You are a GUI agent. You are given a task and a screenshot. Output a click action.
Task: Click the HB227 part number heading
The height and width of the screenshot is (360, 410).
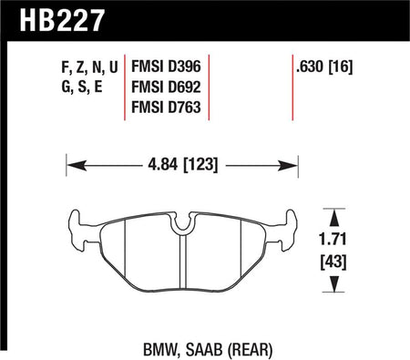62,20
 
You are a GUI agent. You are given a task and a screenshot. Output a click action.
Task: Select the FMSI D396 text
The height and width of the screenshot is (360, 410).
166,67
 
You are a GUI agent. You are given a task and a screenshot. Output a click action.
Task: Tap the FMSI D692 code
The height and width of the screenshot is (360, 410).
166,87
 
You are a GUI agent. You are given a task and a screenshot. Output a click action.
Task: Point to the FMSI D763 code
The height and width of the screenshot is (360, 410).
166,108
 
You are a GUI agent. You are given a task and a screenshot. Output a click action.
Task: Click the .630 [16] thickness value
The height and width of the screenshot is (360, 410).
324,67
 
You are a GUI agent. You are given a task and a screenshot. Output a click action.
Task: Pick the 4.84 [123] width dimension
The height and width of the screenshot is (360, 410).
183,165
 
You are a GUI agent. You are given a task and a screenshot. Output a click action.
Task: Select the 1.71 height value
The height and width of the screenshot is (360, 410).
333,239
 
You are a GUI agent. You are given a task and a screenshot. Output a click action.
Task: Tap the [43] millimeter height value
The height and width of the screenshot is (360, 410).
333,262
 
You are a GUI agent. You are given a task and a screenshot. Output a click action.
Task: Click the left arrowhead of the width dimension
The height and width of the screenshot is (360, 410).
77,166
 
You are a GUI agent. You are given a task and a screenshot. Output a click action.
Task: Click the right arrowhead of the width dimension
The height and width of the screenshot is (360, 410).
288,166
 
